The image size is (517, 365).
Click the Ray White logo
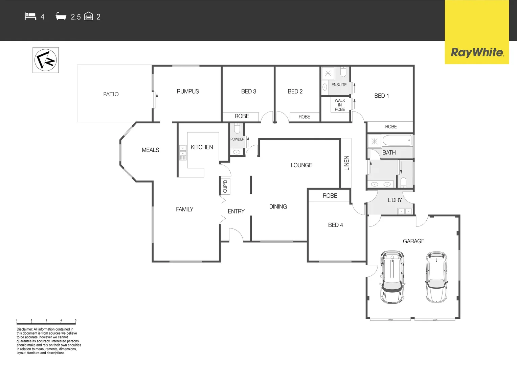(477, 52)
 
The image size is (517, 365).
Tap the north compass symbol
(46, 60)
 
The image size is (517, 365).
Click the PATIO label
(111, 94)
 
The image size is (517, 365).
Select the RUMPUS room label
(188, 92)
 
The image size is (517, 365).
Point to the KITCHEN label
(202, 147)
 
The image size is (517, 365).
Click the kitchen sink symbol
(183, 152)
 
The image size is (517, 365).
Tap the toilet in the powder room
(237, 128)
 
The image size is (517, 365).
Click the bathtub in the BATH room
(397, 140)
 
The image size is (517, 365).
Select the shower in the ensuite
(328, 73)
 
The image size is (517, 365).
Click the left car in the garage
(392, 276)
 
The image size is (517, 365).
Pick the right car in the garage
(436, 276)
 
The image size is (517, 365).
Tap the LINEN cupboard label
(346, 163)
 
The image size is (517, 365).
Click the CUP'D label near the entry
(225, 186)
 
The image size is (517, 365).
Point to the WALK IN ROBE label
(340, 105)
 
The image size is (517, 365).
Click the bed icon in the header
(30, 16)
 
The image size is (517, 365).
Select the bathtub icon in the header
(61, 16)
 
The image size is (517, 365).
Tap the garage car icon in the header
(89, 16)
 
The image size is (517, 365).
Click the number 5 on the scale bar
(75, 320)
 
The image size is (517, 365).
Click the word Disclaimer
(25, 329)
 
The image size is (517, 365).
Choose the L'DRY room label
(395, 200)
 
